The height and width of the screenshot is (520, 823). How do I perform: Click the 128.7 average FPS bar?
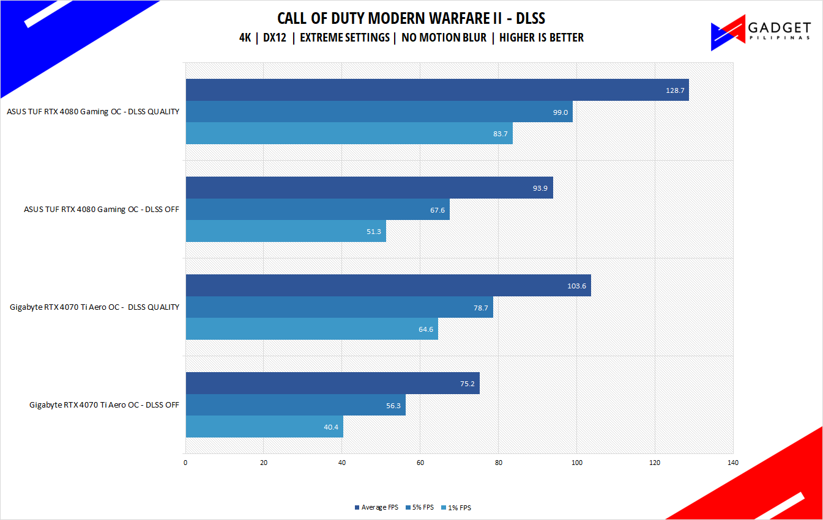pos(437,90)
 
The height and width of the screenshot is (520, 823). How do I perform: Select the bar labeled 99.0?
pos(379,112)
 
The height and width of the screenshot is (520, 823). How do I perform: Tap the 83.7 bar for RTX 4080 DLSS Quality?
pos(349,133)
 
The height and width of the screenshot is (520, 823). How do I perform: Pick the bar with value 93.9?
pos(369,188)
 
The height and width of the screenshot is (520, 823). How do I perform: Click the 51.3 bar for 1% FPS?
pos(286,231)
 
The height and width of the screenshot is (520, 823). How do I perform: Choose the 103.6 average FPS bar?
pos(388,285)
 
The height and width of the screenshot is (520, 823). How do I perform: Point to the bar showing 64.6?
pos(311,329)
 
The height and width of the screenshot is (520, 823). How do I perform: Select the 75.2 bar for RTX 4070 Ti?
pos(332,383)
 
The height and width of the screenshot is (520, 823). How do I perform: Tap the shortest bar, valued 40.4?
pos(264,427)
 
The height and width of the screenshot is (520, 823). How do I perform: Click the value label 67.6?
pos(438,210)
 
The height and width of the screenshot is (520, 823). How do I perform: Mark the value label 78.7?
pos(481,307)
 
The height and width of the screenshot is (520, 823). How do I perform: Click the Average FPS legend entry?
pos(376,508)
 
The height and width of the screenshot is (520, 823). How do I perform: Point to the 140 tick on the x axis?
pos(733,463)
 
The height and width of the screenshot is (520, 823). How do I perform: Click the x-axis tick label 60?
pos(420,463)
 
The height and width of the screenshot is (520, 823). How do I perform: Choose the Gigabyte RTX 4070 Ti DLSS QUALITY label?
pos(95,307)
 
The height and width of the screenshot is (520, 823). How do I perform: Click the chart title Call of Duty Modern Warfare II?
pos(411,18)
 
